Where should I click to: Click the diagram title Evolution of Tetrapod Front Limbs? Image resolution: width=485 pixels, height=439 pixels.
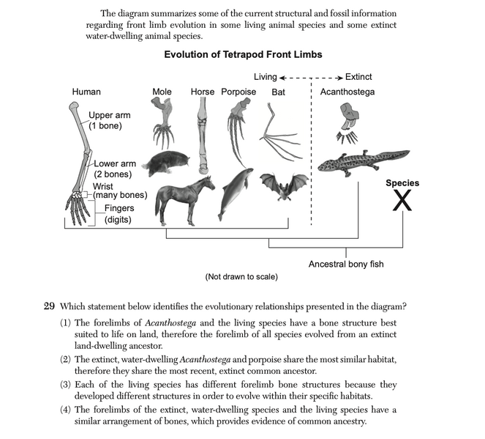coord(243,55)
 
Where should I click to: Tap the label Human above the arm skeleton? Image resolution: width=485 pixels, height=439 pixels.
coord(86,92)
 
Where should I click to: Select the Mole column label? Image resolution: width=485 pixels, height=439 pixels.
coord(162,92)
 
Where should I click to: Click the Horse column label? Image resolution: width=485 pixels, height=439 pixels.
coord(203,92)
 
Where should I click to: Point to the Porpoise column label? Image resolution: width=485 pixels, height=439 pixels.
coord(238,92)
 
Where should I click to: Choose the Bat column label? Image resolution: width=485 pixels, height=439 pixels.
coord(278,92)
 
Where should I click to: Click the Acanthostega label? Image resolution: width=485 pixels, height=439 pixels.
coord(347,92)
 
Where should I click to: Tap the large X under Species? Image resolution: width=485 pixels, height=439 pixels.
coord(402,200)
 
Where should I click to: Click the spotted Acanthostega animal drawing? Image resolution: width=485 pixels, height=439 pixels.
coord(362,161)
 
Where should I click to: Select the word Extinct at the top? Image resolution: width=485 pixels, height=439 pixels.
coord(358,77)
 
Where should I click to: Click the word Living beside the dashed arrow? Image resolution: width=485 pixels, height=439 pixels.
coord(265,77)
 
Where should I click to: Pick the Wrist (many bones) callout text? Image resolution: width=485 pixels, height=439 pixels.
coord(120,191)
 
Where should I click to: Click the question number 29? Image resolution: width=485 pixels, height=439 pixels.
coord(51,306)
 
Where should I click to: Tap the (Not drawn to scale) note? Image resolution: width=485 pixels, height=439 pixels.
coord(241,277)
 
